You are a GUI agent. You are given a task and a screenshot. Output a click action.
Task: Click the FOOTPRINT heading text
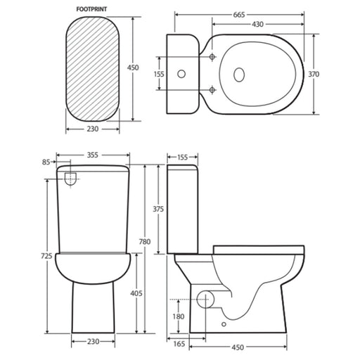pyautogui.click(x=91, y=9)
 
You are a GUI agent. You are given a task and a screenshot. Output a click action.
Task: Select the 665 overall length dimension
pyautogui.click(x=239, y=15)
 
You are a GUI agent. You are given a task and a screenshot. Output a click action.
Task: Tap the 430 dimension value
pyautogui.click(x=257, y=24)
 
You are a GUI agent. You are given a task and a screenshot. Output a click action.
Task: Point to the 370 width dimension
pyautogui.click(x=314, y=75)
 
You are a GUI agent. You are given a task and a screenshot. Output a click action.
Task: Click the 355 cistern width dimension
pyautogui.click(x=93, y=155)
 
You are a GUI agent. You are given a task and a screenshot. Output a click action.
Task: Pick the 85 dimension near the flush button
pyautogui.click(x=46, y=162)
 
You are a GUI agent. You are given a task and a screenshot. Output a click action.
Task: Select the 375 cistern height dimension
pyautogui.click(x=158, y=209)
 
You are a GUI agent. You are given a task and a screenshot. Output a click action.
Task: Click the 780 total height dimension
pyautogui.click(x=145, y=241)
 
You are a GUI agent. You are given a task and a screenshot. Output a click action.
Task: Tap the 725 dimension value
pyautogui.click(x=46, y=256)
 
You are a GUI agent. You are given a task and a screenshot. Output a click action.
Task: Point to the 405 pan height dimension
pyautogui.click(x=136, y=293)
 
